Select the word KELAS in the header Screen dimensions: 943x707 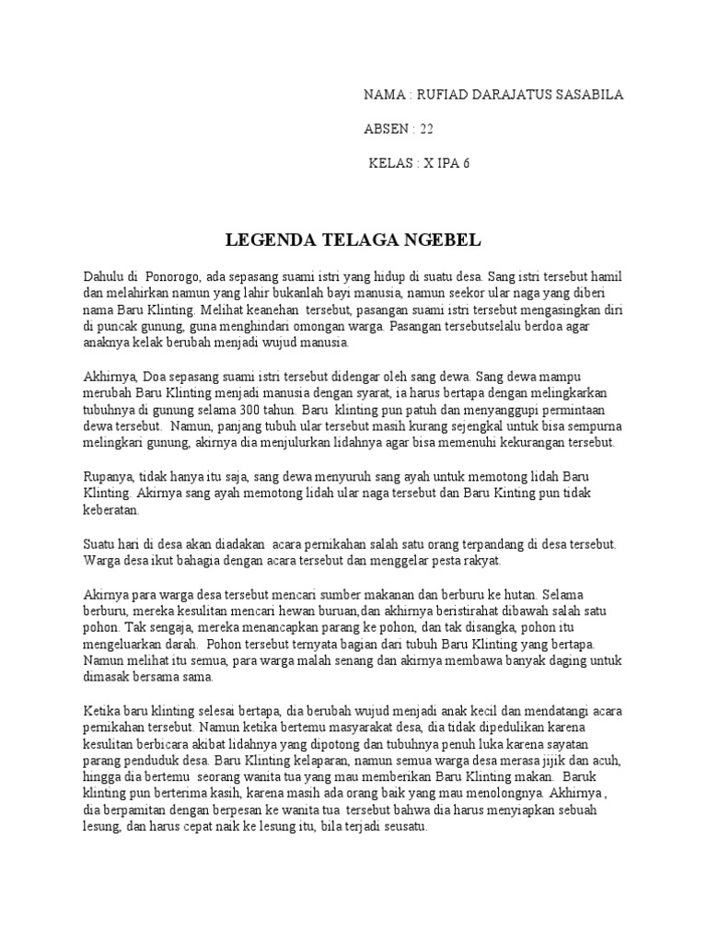(x=390, y=164)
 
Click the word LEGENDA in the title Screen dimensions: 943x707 (x=266, y=241)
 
